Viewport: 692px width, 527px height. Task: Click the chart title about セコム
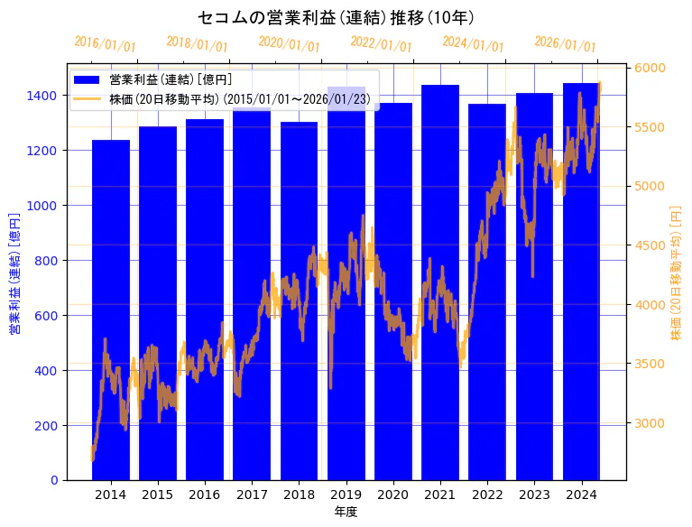[x=336, y=17]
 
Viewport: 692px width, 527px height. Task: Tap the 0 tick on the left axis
[x=54, y=480]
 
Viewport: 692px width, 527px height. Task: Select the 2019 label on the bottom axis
[x=346, y=495]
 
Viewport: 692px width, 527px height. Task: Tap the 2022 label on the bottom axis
[x=487, y=495]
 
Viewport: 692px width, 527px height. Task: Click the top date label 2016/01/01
[x=105, y=43]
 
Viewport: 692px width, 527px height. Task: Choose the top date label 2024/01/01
[x=473, y=43]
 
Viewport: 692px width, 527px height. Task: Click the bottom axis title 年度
[x=346, y=512]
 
